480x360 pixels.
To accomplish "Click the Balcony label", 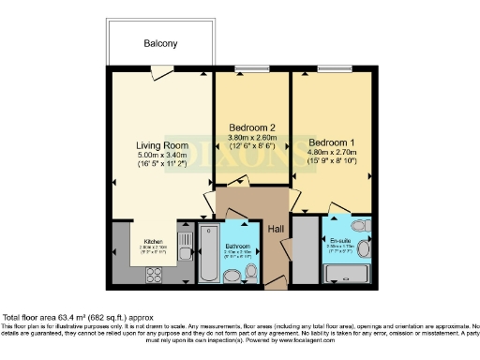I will coord(160,43).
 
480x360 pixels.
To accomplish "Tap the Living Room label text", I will coord(161,145).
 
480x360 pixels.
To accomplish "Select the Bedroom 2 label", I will coord(252,127).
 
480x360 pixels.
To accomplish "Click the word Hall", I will coord(277,230).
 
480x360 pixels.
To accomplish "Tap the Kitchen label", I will coord(153,240).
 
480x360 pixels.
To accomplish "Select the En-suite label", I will coord(341,241).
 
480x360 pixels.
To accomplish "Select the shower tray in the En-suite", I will coord(347,275).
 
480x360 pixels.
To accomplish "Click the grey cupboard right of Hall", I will coord(305,248).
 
